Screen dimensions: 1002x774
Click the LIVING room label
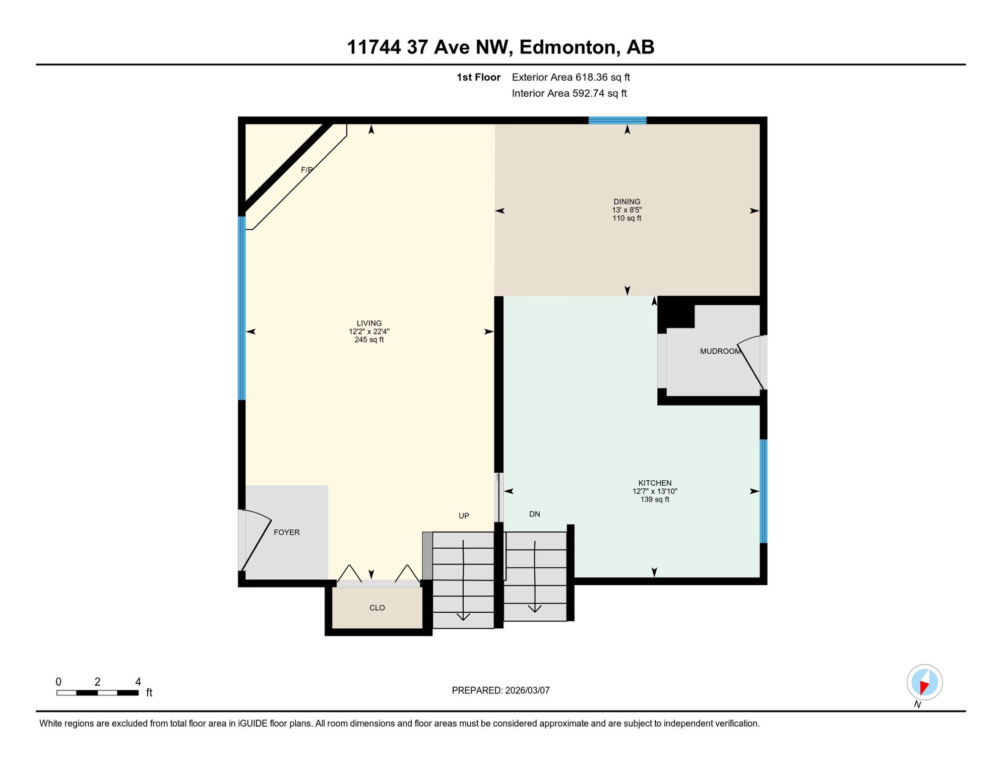coord(369,324)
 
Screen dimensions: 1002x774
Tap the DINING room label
coord(627,202)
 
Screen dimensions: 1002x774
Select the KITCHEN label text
coord(655,483)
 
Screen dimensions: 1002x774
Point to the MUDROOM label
coord(720,351)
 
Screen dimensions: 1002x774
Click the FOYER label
coord(286,532)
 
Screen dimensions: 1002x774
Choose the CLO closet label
coord(377,608)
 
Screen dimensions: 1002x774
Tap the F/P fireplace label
coord(307,170)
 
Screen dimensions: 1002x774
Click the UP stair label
coord(464,515)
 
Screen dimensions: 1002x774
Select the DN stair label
coord(535,514)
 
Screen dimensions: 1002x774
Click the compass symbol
coord(924,683)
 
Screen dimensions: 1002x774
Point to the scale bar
coord(97,693)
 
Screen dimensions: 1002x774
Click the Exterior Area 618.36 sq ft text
coord(571,77)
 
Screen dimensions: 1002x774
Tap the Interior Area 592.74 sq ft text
coord(569,93)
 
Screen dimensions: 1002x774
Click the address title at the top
coord(500,47)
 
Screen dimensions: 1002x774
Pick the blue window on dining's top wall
coord(617,120)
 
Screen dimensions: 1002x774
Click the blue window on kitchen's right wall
coord(764,491)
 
